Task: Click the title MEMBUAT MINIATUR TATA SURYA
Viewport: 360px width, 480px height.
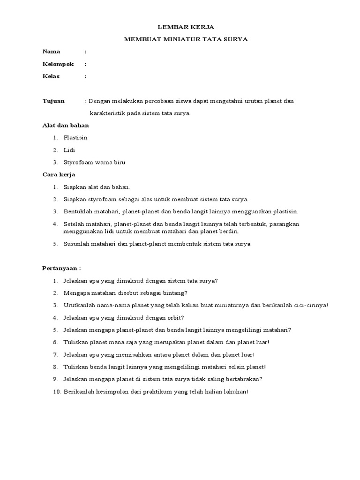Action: click(186, 39)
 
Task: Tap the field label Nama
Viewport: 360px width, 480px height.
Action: click(51, 52)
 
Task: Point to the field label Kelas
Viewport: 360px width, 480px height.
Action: click(51, 76)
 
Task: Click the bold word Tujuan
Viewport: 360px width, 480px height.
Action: click(53, 101)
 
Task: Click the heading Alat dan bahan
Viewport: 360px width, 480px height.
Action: click(66, 126)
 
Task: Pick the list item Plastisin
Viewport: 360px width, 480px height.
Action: click(75, 138)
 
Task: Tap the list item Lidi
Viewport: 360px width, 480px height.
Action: click(69, 150)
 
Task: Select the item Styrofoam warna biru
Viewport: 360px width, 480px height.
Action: click(94, 163)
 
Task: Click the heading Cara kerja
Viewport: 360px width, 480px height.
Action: click(59, 175)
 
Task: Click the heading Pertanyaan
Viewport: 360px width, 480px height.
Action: click(61, 269)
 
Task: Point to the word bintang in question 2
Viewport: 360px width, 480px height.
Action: click(175, 293)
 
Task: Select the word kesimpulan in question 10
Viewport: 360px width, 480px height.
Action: click(109, 392)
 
